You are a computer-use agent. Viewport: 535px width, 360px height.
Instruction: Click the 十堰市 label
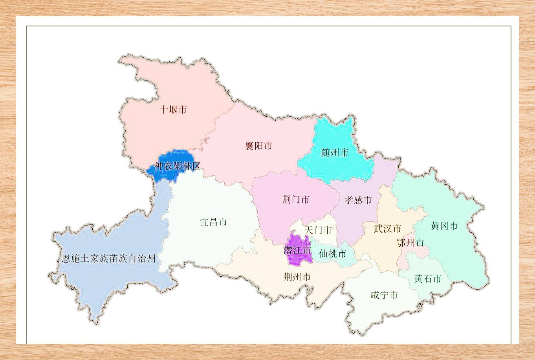[173, 110]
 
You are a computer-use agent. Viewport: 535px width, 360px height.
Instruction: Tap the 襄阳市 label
[258, 146]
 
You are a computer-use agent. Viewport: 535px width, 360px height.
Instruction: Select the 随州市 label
[335, 152]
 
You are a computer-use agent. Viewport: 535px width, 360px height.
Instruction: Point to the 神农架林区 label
[178, 166]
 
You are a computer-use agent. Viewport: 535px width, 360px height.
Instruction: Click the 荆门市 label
[296, 200]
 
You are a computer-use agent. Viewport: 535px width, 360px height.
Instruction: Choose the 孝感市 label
[358, 200]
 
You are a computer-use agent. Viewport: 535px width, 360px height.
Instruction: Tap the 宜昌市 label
[213, 222]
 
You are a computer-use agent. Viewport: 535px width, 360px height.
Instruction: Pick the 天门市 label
[319, 230]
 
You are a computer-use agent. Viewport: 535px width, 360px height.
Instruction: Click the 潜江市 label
[297, 250]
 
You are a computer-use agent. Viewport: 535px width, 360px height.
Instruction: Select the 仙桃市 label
[333, 253]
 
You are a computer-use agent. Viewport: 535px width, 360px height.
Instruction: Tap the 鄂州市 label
[410, 243]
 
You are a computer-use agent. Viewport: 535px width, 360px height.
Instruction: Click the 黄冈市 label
[444, 226]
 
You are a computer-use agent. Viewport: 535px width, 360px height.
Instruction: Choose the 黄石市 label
[428, 279]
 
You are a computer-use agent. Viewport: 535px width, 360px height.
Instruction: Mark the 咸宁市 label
[384, 295]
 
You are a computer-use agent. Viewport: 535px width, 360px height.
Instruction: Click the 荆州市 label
[297, 277]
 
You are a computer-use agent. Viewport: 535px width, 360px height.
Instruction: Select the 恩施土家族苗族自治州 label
[109, 259]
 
